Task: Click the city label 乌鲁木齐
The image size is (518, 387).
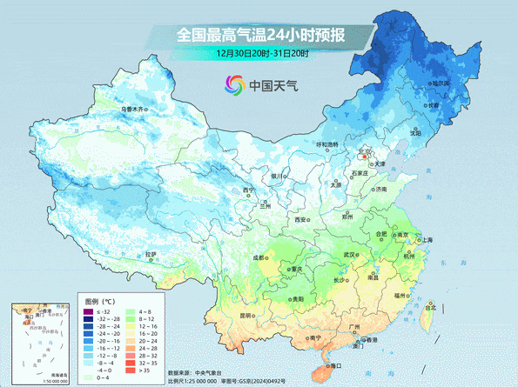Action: pos(134,110)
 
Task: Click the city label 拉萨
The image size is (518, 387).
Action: pos(151,255)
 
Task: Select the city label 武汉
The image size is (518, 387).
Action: pos(350,255)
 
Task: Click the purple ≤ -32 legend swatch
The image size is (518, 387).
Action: pos(88,311)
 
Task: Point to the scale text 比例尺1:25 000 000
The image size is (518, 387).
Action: pos(199,380)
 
